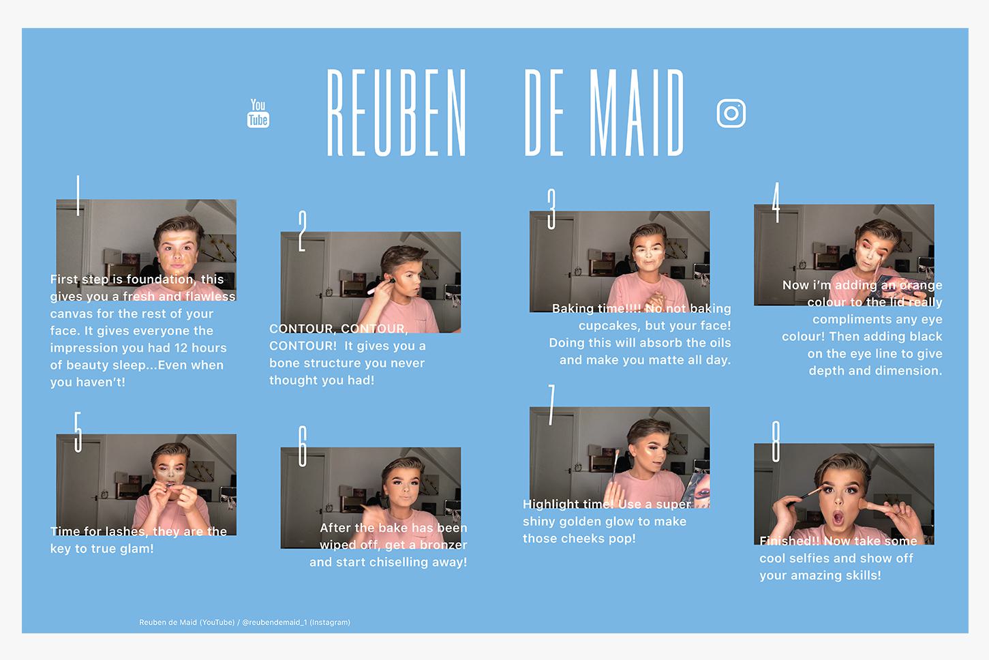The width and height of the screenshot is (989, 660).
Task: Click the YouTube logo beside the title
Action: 258,114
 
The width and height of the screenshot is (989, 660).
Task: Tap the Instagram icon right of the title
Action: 731,114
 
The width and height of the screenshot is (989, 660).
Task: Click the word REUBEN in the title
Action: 396,112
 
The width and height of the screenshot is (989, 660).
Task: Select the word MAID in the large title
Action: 637,112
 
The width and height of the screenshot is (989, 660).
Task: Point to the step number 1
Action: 78,196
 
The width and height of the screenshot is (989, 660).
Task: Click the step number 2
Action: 303,231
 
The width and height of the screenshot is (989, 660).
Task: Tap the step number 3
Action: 551,209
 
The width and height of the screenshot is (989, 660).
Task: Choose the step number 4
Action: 776,202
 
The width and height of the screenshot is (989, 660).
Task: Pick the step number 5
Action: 78,432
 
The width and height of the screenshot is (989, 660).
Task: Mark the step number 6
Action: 303,446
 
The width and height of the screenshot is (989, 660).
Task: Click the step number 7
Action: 551,405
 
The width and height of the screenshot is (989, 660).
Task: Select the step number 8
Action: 776,441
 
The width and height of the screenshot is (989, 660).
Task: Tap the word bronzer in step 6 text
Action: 443,545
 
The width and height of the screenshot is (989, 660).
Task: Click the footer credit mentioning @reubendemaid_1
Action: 245,622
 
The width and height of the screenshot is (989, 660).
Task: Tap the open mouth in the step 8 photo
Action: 838,517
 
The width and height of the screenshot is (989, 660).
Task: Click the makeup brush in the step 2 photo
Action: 380,286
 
